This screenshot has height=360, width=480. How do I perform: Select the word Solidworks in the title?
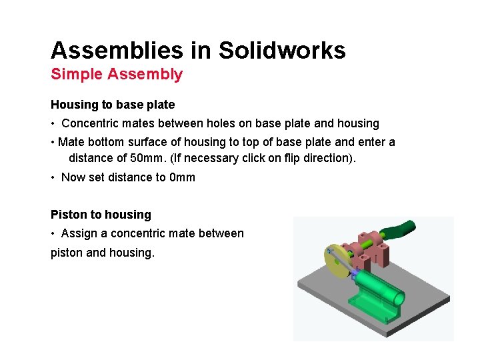[282, 51]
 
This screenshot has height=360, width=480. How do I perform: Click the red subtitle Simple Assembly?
[117, 74]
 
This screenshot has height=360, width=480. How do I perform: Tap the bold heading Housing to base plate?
[113, 105]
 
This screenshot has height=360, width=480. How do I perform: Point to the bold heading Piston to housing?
[101, 215]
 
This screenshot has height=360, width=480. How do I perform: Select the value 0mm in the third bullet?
[183, 177]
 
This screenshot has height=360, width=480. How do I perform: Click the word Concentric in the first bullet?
[89, 123]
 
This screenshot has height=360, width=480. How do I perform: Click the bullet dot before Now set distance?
[53, 177]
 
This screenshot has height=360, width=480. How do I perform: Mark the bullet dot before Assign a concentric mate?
[53, 233]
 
